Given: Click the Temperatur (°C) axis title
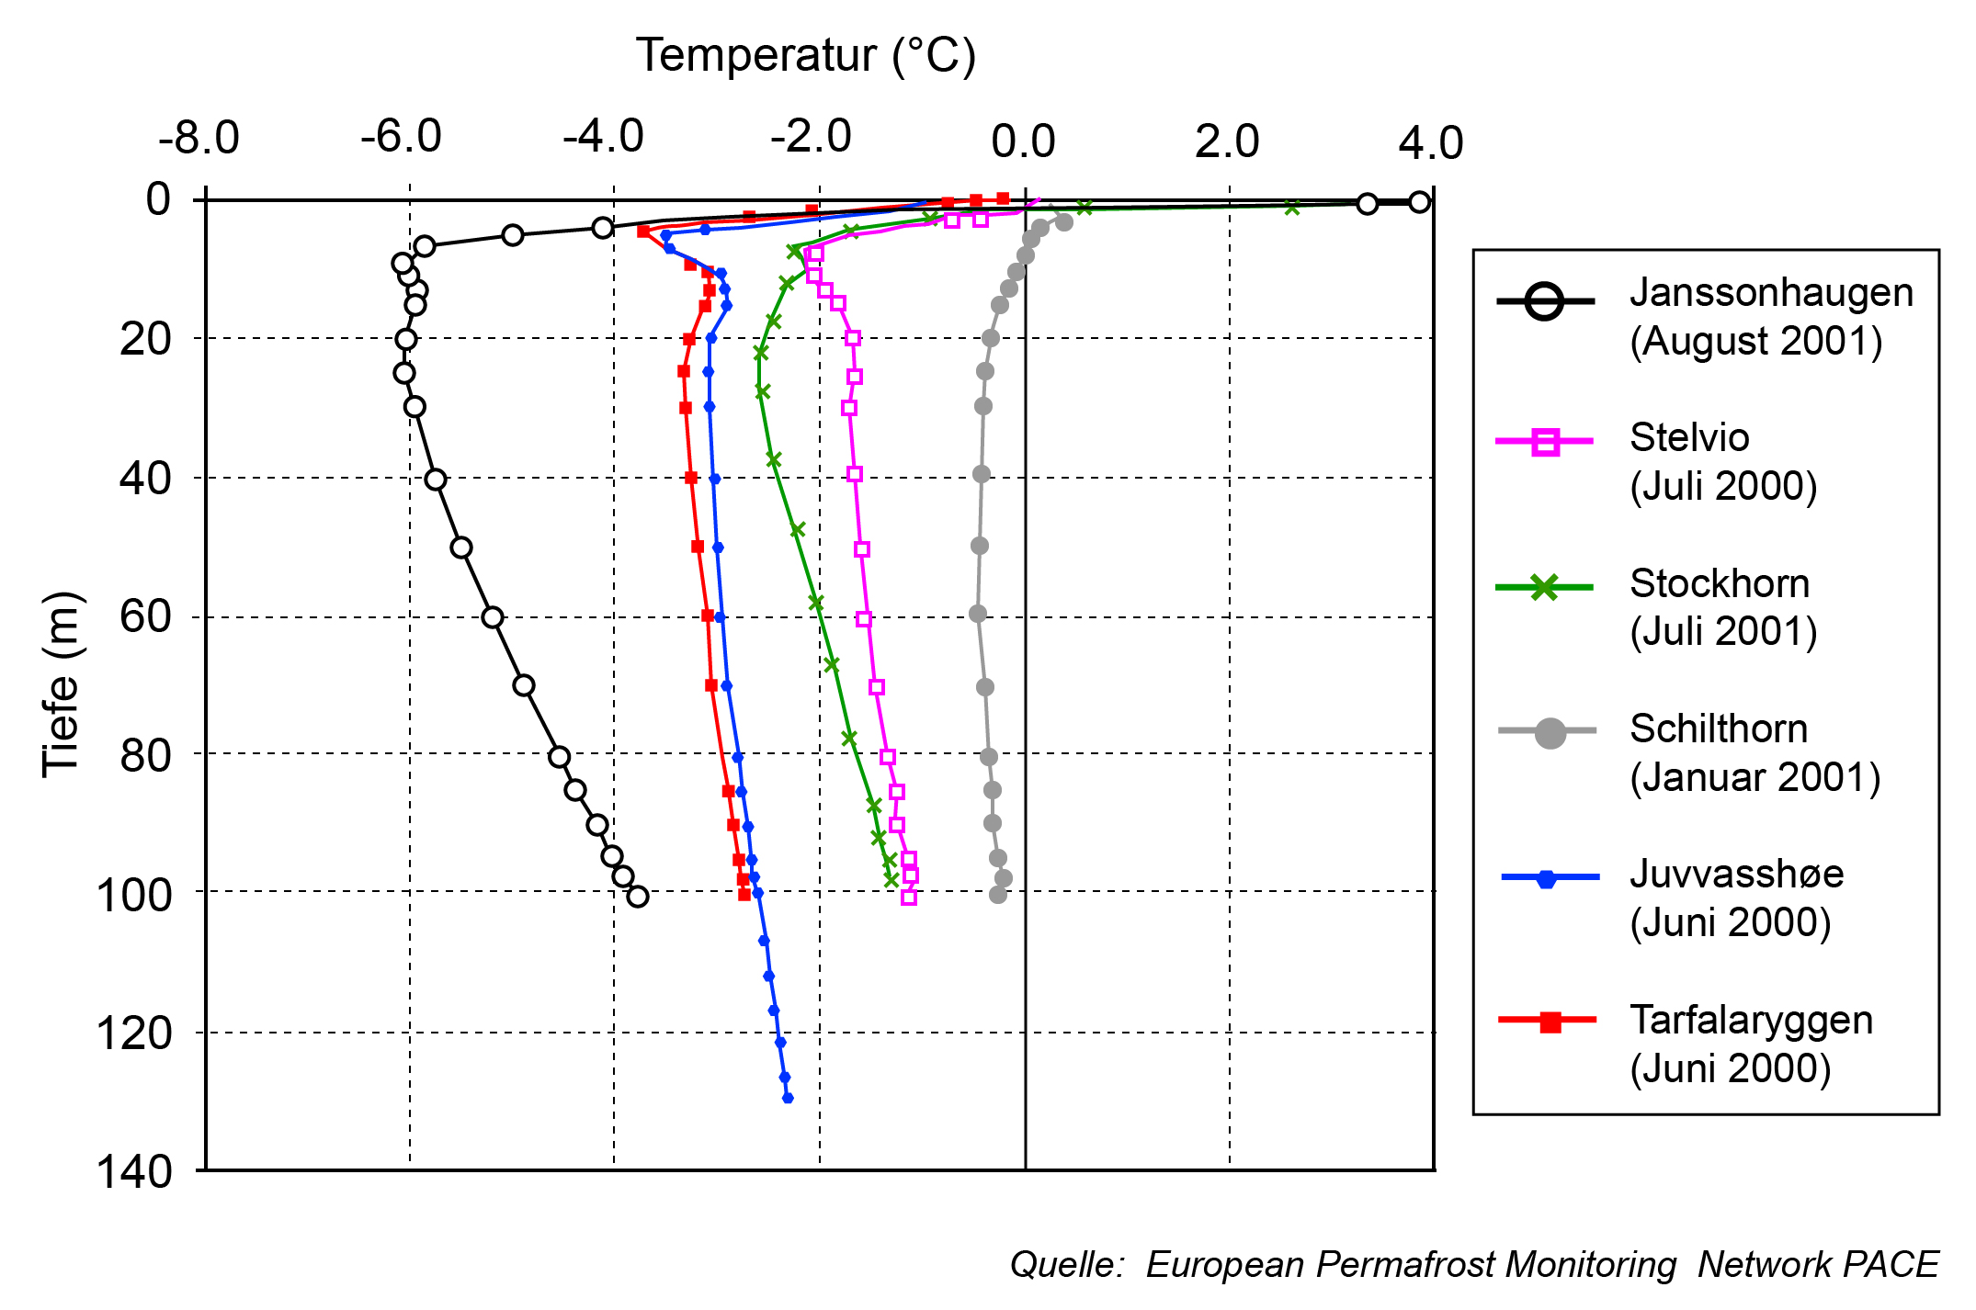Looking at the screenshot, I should [805, 56].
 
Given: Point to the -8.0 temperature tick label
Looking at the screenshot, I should [199, 139].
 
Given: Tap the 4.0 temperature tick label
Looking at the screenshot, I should [1430, 143].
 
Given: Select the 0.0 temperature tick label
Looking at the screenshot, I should [1023, 142].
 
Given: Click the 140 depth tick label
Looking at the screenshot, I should [134, 1172].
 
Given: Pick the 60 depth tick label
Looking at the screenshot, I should [145, 616].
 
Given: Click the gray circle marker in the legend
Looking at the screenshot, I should [1550, 732].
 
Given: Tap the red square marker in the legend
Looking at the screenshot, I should [1550, 1022].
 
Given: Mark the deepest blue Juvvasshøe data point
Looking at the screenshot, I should [788, 1098].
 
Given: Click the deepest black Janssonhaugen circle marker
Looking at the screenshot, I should [638, 897].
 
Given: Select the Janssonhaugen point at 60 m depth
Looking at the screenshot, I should [493, 617].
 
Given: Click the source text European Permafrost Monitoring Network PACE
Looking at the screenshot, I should [1474, 1265].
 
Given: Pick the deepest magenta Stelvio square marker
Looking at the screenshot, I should [909, 897].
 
